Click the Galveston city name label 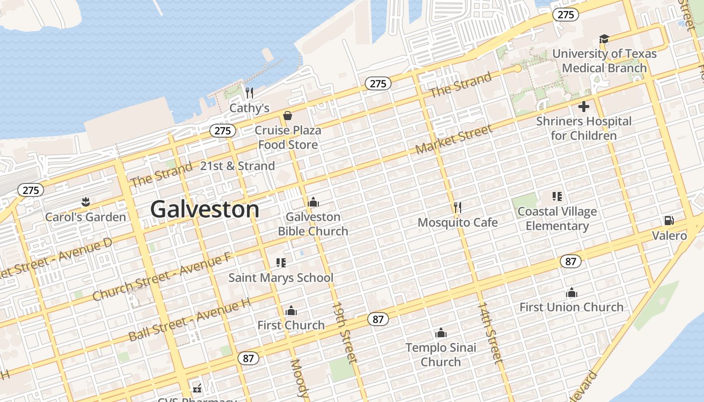pos(205,209)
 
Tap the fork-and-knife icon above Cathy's pos(249,93)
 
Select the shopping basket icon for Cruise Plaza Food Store pos(288,116)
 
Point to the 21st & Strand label pos(237,166)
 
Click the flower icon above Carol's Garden pos(85,202)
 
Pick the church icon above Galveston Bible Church pos(313,202)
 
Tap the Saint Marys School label pos(281,277)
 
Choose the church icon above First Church pos(291,311)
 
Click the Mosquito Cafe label pos(458,222)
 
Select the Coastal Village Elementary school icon pos(557,196)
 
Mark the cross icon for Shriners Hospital pos(584,107)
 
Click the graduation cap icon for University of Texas pos(604,39)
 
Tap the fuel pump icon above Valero pos(669,220)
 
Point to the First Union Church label pos(571,307)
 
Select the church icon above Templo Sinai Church pos(441,333)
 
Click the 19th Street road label pos(344,332)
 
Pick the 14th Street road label pos(489,332)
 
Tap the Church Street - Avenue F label pos(161,277)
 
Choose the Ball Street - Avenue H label pos(189,320)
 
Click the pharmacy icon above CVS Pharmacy pos(197,388)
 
